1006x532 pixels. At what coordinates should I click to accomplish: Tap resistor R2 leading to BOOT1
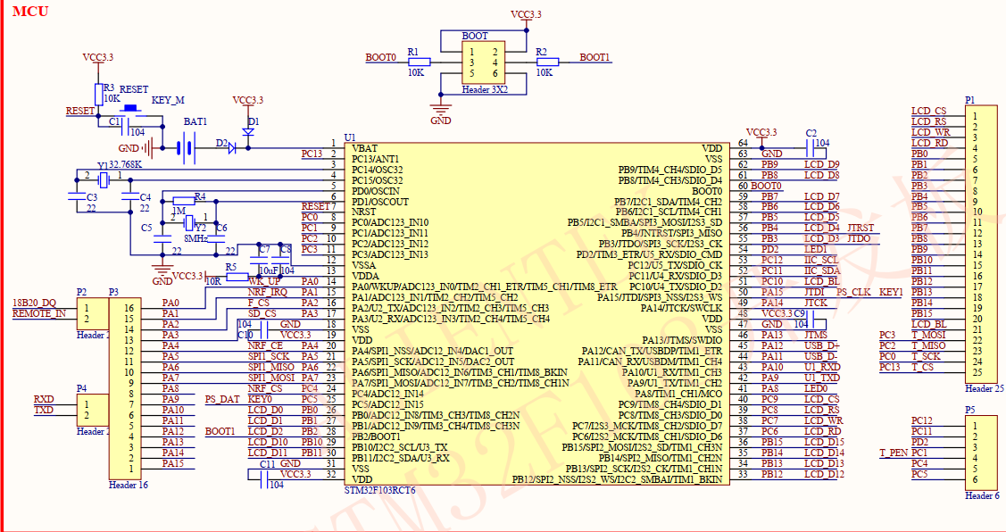(x=547, y=62)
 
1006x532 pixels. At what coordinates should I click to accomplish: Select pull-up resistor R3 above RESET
(x=98, y=94)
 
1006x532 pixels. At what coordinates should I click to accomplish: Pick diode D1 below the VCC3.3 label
(x=248, y=132)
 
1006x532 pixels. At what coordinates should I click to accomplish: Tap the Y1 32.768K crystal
(x=103, y=180)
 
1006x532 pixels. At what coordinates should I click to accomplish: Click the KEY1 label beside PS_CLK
(x=891, y=293)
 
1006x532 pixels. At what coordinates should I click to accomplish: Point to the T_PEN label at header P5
(x=894, y=453)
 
